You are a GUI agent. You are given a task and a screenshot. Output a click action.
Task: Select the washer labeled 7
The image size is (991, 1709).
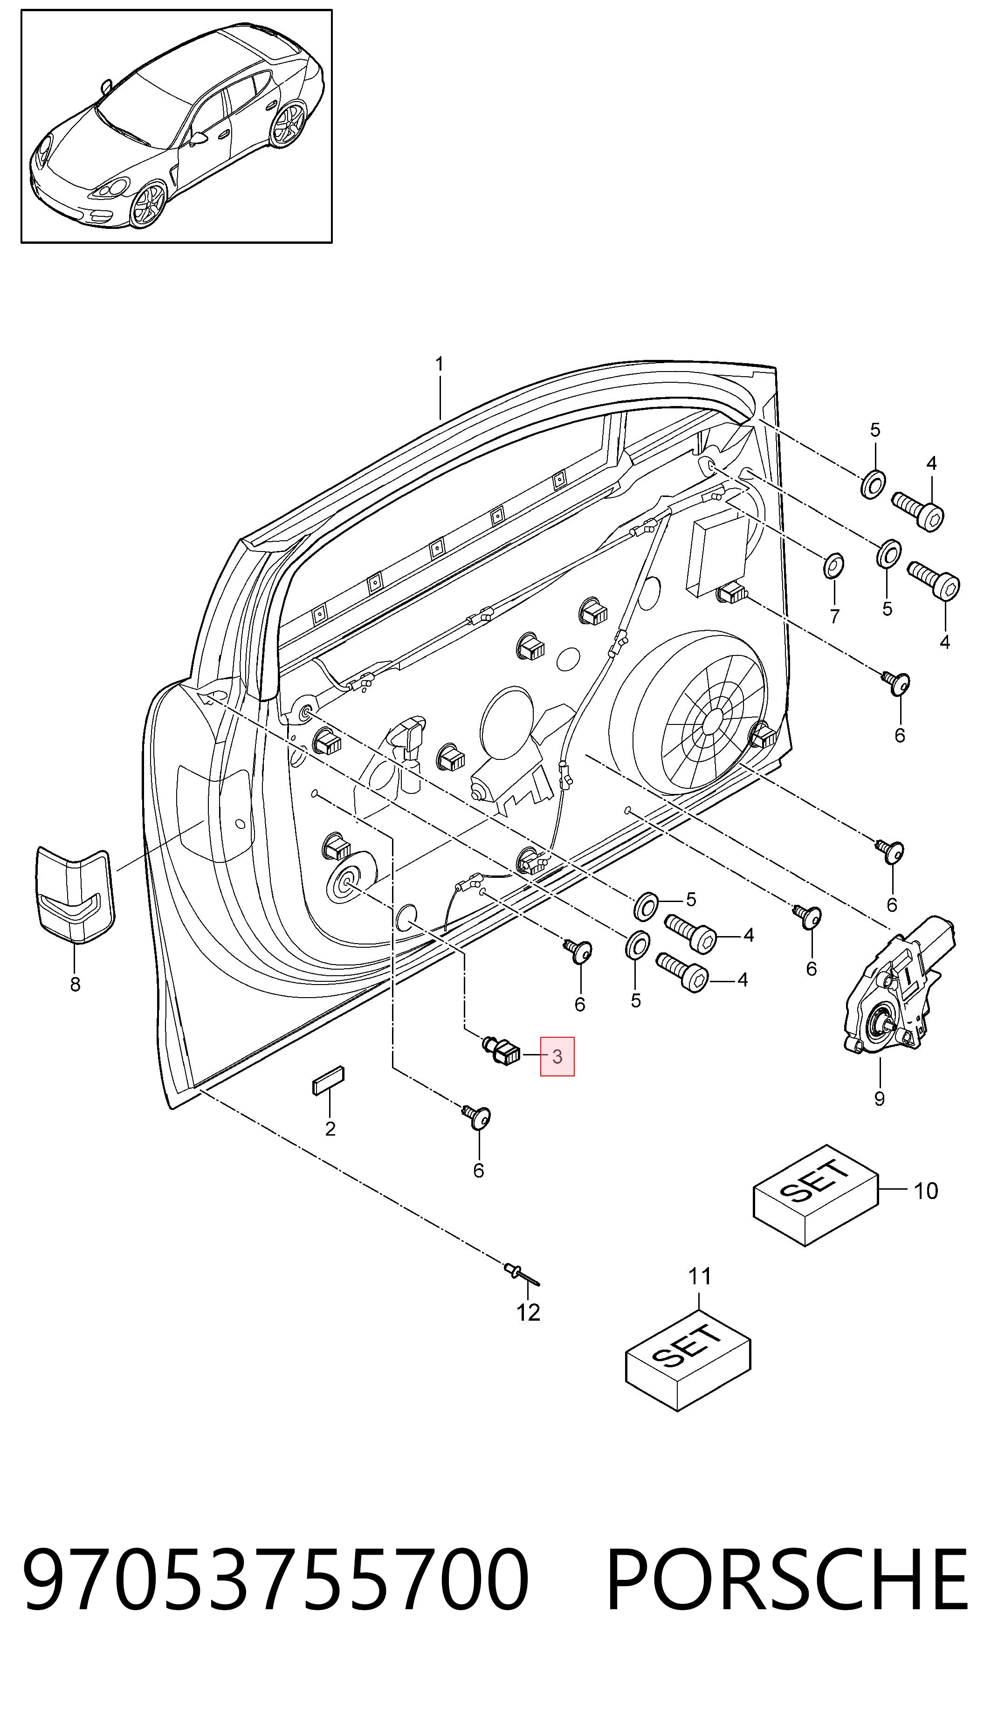coord(833,565)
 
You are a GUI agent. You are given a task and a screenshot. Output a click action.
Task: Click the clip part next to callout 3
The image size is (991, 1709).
coord(502,1053)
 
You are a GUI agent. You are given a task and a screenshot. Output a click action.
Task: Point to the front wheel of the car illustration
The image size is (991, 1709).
coord(148,204)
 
